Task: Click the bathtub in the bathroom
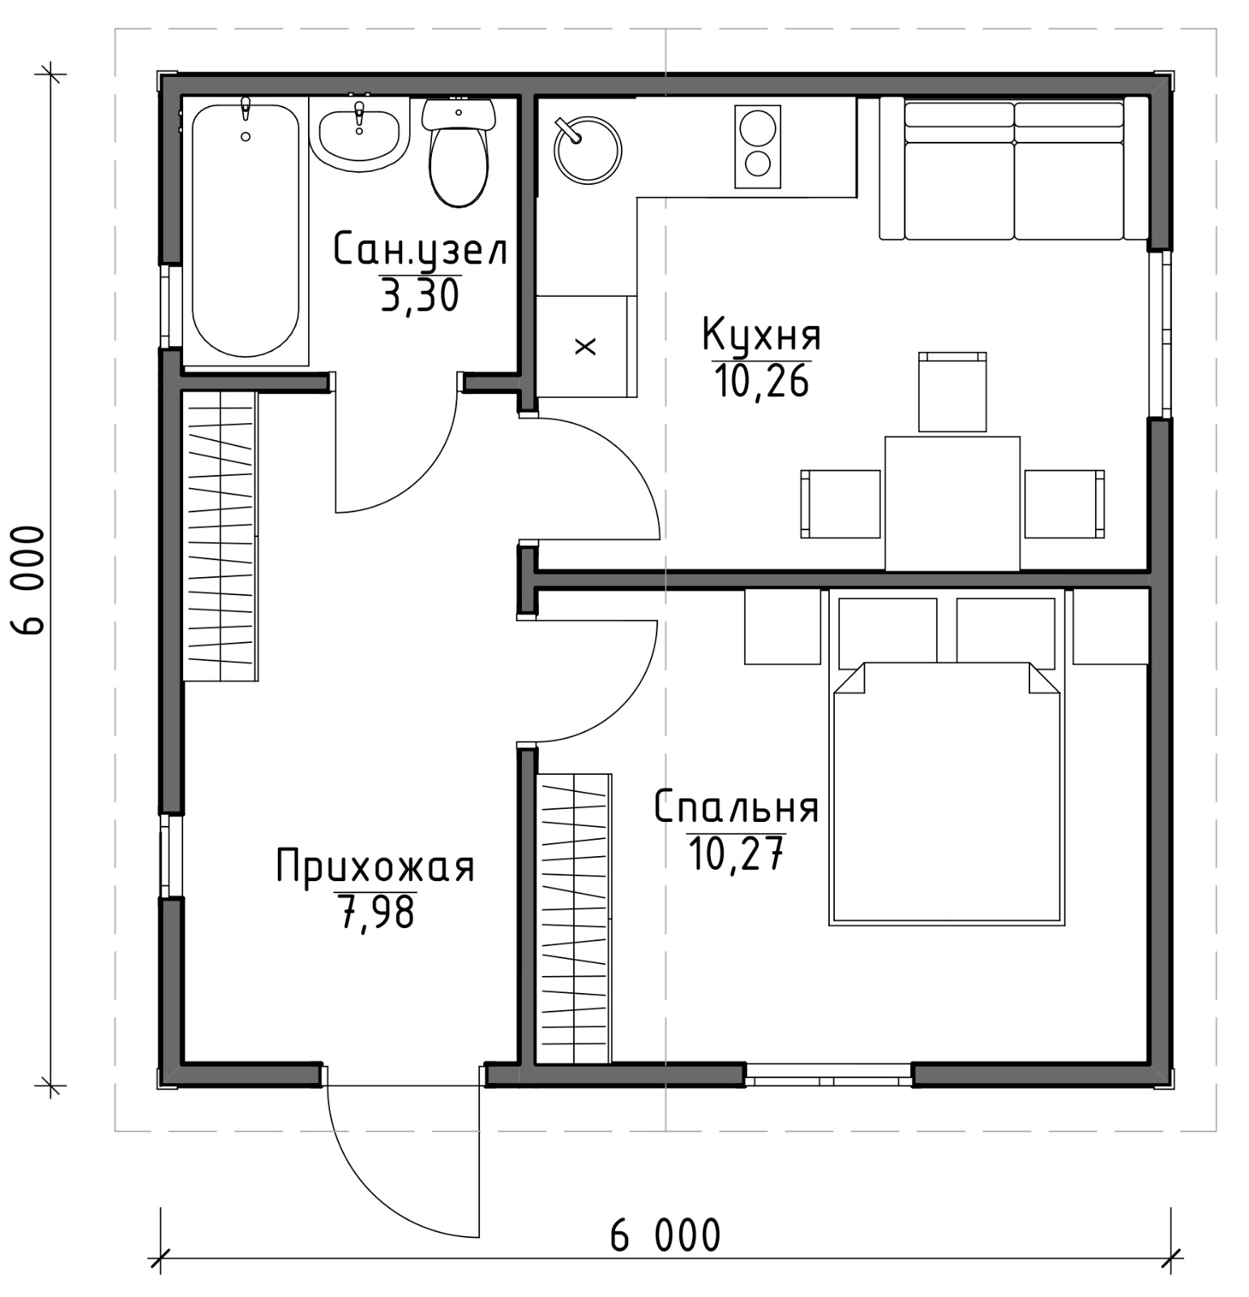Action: click(x=246, y=230)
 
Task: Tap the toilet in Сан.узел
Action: click(x=459, y=152)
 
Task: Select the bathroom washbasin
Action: click(x=359, y=138)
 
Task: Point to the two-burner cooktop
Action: click(x=757, y=147)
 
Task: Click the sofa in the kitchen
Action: click(x=1014, y=169)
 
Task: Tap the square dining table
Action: click(x=952, y=503)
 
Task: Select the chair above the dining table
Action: click(x=952, y=392)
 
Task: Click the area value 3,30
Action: click(x=420, y=295)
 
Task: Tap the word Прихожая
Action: click(x=374, y=867)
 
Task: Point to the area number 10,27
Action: click(x=736, y=853)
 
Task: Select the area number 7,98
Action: click(x=374, y=912)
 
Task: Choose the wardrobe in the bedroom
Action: click(x=574, y=918)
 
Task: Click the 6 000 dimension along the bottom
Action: click(x=665, y=1236)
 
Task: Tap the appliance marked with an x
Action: click(x=584, y=346)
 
